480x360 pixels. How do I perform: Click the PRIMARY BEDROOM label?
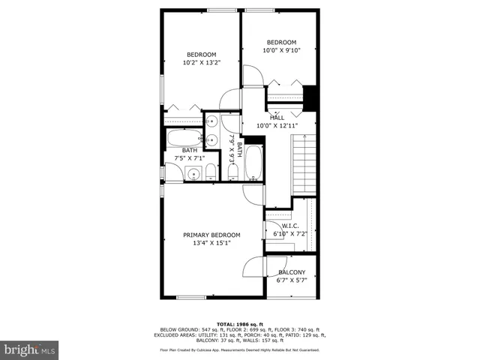(x=211, y=235)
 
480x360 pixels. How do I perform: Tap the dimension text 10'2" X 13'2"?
(x=201, y=63)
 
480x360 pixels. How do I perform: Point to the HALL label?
(x=277, y=118)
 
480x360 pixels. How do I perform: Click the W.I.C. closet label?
(x=290, y=225)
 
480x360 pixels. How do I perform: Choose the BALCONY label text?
(x=292, y=272)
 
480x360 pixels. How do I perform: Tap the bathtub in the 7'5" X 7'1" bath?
(x=183, y=139)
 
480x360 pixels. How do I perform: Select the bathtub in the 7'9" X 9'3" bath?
(x=253, y=163)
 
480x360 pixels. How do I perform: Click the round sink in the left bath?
(x=193, y=175)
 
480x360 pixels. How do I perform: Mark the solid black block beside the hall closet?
(x=310, y=97)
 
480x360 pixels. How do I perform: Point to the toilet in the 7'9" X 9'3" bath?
(x=232, y=173)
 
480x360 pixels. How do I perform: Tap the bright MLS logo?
(x=30, y=349)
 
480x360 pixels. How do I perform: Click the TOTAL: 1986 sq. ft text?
(x=240, y=323)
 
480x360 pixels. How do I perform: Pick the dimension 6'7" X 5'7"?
(x=292, y=281)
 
